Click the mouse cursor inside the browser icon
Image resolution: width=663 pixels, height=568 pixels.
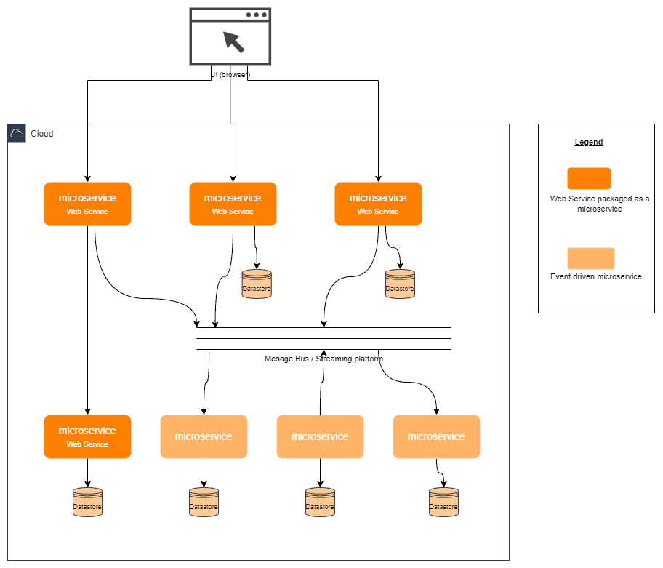coord(233,41)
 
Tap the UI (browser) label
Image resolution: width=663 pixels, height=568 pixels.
coord(230,74)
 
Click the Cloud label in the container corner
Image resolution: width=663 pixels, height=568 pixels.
coord(41,134)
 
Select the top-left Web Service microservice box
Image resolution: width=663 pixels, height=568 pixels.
coord(87,204)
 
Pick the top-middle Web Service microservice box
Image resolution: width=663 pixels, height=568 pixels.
coord(233,204)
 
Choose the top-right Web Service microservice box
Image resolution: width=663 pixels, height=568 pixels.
coord(378,204)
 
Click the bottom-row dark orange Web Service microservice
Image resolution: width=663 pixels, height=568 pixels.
coord(87,436)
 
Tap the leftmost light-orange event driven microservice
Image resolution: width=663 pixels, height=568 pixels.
coord(204,436)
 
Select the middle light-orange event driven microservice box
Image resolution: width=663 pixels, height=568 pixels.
coord(320,436)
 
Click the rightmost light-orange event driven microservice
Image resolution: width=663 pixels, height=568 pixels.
coord(436,436)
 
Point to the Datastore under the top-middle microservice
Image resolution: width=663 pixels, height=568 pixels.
coord(256,284)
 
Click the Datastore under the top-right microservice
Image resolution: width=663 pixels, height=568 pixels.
coord(400,284)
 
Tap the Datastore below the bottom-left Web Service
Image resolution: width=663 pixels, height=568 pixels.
coord(87,502)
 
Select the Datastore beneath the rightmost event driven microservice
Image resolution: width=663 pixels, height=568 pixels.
coord(443,502)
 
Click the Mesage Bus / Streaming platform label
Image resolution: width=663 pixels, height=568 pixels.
coord(324,359)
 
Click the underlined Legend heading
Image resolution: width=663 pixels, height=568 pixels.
coord(589,142)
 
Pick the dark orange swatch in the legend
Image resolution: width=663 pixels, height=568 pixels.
coord(589,178)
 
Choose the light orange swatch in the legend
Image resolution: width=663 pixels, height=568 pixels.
coord(590,258)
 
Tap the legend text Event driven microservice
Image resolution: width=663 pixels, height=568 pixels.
coord(596,276)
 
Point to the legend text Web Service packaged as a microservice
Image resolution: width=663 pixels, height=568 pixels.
coord(600,204)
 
